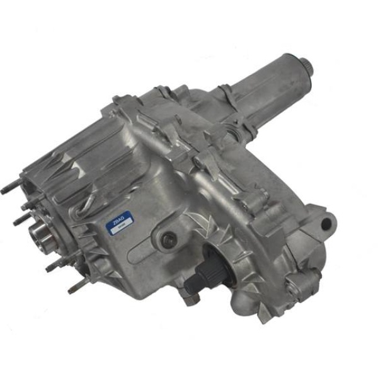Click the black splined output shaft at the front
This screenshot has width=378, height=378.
pos(197,278)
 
